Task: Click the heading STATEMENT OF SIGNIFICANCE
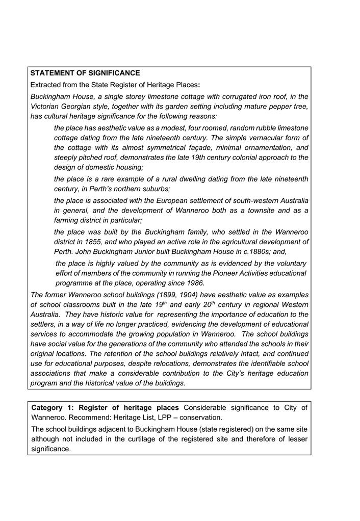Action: [x=85, y=73]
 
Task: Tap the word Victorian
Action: [x=46, y=107]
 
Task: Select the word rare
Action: [x=102, y=179]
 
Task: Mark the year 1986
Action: [x=194, y=283]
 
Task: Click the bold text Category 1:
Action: [x=52, y=408]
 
